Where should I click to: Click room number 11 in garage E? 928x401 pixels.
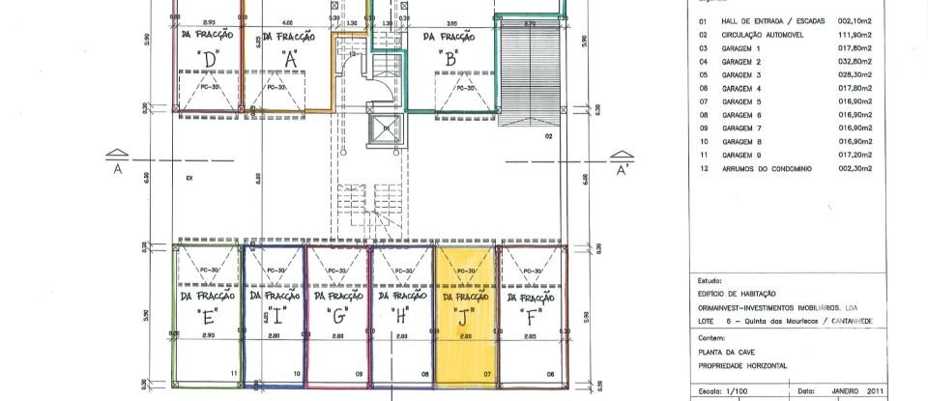pyautogui.click(x=233, y=372)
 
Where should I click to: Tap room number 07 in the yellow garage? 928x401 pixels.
pyautogui.click(x=488, y=372)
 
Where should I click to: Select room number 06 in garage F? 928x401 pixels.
pyautogui.click(x=551, y=372)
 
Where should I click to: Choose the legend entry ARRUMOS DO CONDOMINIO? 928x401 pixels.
pyautogui.click(x=772, y=167)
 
